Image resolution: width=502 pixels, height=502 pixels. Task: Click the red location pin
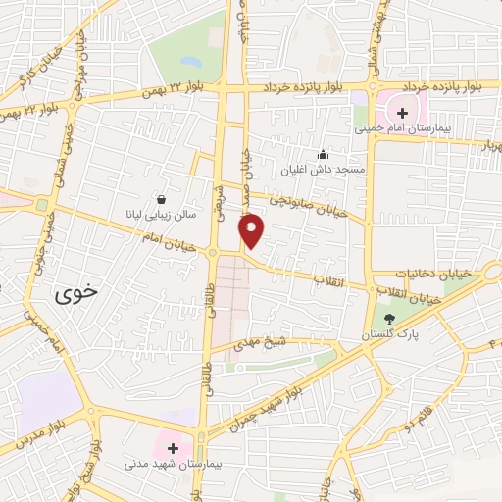point(253,229)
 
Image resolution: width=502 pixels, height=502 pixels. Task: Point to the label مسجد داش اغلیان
point(322,170)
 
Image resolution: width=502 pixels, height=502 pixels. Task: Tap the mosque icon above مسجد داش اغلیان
point(323,154)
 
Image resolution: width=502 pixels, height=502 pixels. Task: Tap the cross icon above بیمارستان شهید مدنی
point(173,447)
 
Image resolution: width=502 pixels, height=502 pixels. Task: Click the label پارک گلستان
point(390,335)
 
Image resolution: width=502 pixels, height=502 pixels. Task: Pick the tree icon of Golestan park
point(390,319)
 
